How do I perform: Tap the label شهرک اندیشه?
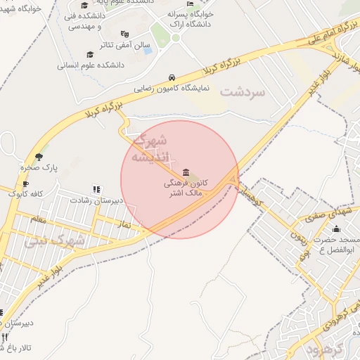[153, 148]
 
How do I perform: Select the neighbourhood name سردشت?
[244, 92]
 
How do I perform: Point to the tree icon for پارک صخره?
[39, 157]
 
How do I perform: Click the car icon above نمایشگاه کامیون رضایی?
[172, 77]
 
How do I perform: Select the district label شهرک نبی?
[54, 242]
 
